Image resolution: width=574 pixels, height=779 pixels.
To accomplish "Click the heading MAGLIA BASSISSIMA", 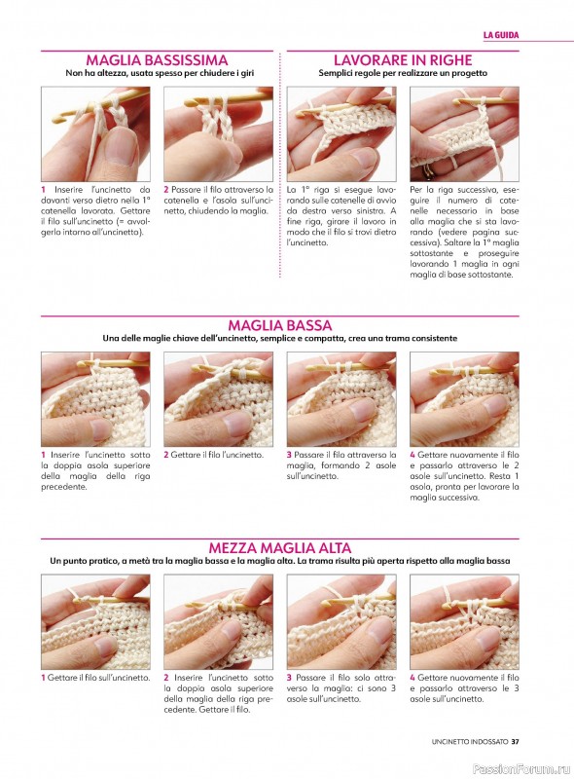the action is (157, 60).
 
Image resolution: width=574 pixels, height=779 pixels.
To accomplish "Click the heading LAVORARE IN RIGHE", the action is (403, 60).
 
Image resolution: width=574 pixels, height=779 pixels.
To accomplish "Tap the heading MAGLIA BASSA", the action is (279, 325).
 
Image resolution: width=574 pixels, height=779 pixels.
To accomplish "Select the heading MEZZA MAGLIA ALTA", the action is (279, 548).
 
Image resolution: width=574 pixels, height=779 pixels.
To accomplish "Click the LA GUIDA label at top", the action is (500, 35).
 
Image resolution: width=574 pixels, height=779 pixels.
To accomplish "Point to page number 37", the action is (515, 741).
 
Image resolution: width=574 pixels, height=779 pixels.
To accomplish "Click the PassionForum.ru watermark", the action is (521, 768).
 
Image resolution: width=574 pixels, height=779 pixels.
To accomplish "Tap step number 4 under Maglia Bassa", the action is (413, 455).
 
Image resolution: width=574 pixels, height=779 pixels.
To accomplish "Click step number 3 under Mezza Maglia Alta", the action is (289, 677).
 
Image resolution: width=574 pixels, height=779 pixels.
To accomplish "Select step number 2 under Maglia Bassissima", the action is (166, 189).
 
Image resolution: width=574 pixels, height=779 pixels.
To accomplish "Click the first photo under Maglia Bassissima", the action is (95, 134).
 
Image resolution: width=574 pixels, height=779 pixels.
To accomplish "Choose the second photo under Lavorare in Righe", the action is (464, 134).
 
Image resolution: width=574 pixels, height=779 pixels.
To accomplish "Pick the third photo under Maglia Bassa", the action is (341, 399).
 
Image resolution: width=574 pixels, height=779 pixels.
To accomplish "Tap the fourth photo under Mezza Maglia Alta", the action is (464, 622).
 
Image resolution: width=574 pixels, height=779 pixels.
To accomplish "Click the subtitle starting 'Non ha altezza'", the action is (160, 73).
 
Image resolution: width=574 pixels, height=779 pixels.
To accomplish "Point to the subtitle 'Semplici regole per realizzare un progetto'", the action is (403, 73).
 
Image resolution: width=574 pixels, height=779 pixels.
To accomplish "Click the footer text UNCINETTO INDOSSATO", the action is (470, 741).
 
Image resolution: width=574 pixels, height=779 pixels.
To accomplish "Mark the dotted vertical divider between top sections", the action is (280, 165).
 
